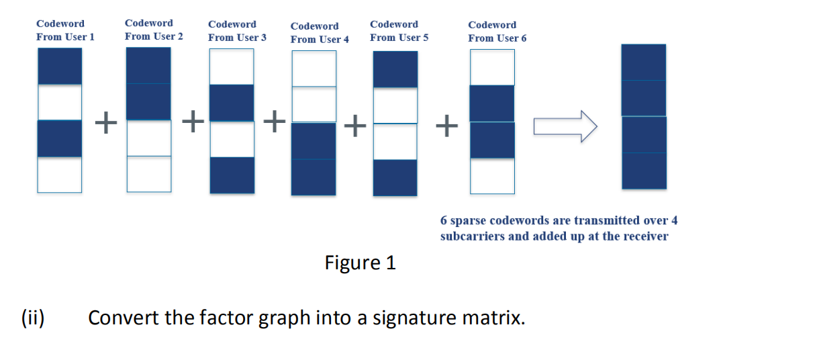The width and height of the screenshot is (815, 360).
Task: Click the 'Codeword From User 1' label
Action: coord(65,30)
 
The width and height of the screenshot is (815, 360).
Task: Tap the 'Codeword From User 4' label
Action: coord(320,33)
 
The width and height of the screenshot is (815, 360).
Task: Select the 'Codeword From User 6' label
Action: coord(497,32)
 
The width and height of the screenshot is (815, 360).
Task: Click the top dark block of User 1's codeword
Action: coord(60,66)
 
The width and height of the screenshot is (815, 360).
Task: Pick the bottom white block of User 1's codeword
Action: coord(60,175)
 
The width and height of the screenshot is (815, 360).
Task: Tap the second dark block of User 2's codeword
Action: coord(148,101)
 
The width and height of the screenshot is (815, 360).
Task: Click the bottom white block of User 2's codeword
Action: coord(148,173)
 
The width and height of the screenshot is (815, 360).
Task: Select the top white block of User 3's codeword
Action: coord(232,66)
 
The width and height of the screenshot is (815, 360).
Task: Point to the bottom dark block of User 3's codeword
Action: coord(232,175)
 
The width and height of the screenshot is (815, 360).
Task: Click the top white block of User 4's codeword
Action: coord(314,69)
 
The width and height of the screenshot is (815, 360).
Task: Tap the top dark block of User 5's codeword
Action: coord(395,69)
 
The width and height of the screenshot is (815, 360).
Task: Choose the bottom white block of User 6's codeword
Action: coord(492,176)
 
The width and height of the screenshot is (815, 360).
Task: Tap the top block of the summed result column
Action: coord(643,62)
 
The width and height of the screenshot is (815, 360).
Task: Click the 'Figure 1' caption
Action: coord(360,263)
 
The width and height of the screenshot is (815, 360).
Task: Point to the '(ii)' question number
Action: coord(33,317)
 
